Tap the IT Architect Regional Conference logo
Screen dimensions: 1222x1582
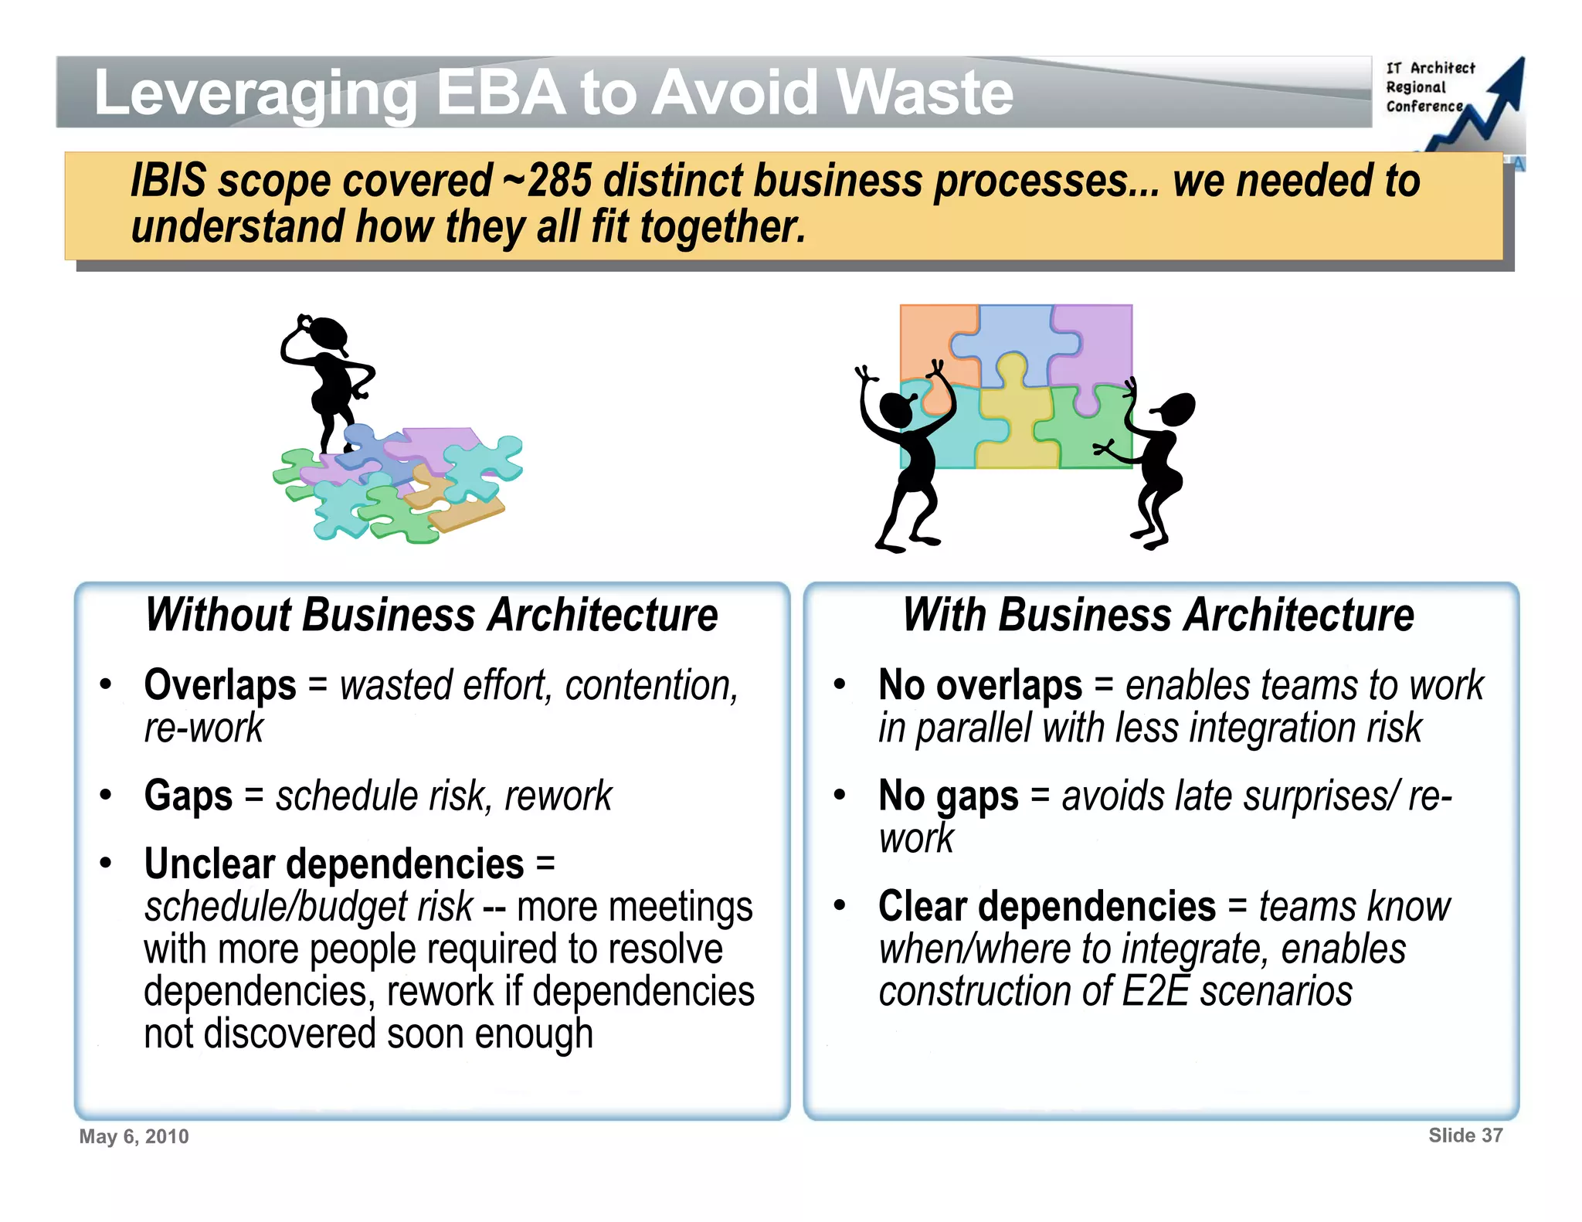pyautogui.click(x=1448, y=100)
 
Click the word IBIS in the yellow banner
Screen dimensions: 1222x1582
pyautogui.click(x=168, y=181)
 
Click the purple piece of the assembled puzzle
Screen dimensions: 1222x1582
pyautogui.click(x=1095, y=340)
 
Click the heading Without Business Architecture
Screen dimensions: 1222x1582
pyautogui.click(x=432, y=615)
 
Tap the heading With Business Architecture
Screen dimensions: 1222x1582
pyautogui.click(x=1159, y=615)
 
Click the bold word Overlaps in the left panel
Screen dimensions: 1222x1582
pyautogui.click(x=220, y=685)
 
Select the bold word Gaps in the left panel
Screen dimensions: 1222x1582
pyautogui.click(x=188, y=796)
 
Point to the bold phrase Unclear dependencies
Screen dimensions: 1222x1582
pyautogui.click(x=334, y=864)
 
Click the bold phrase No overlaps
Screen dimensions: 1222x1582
pyautogui.click(x=980, y=685)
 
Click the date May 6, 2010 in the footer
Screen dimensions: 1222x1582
pyautogui.click(x=134, y=1136)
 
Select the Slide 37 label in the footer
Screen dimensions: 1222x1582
pyautogui.click(x=1465, y=1135)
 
